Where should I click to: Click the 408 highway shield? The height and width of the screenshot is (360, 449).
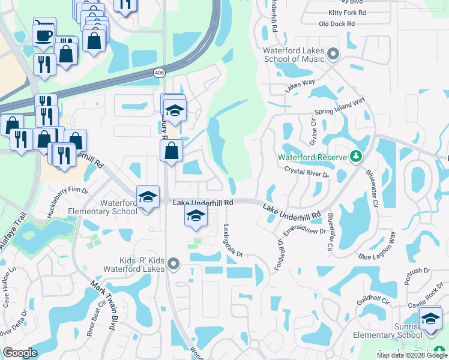click(x=158, y=73)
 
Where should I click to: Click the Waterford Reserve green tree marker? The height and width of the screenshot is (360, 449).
click(x=355, y=157)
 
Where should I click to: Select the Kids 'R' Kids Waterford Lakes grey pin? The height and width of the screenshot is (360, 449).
click(x=174, y=263)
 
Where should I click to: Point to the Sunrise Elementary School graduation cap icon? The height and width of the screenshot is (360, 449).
click(x=430, y=318)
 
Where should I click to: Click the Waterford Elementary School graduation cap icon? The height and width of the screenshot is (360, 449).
click(x=146, y=196)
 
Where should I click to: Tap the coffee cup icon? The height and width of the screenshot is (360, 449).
click(x=43, y=34)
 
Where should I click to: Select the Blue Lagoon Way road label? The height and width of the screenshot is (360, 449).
click(x=378, y=247)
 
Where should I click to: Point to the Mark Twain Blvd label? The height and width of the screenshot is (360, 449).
click(x=103, y=305)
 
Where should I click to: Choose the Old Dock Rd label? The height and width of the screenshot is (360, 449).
click(x=337, y=24)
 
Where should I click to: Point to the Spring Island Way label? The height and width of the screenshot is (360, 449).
click(x=340, y=107)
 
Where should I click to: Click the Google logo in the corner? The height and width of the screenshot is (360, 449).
click(x=20, y=353)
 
